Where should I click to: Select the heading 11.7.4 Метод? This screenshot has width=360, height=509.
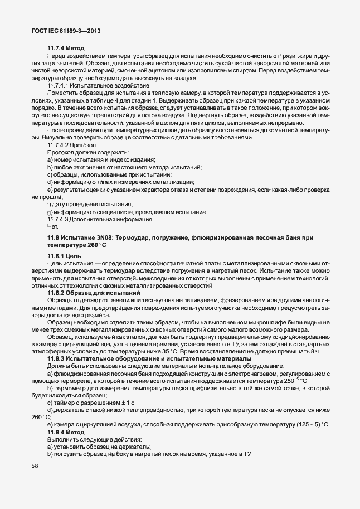66,49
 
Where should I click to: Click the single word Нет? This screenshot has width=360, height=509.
53,226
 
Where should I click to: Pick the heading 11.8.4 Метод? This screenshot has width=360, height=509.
66,432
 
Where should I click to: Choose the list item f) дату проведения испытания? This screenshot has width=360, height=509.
90,205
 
